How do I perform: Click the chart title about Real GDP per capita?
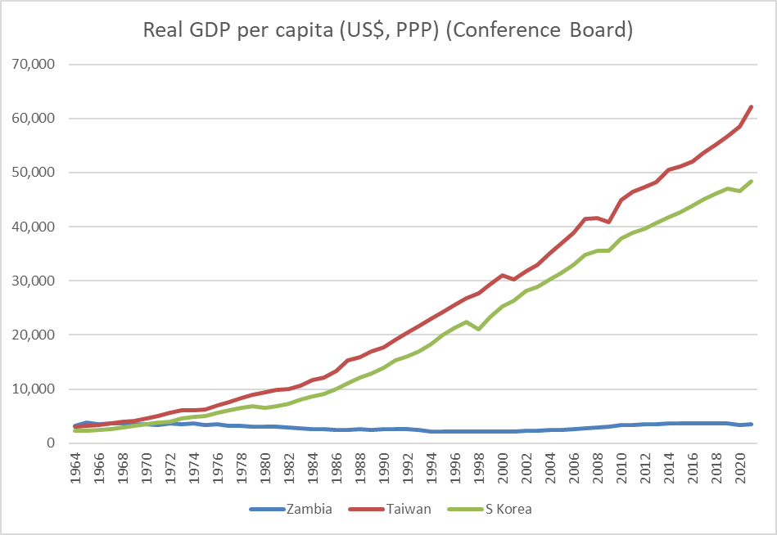(x=388, y=31)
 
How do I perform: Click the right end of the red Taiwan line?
(x=752, y=106)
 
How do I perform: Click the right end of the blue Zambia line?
(x=752, y=424)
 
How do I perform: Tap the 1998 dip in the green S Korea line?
(x=479, y=329)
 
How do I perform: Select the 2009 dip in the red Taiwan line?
(x=607, y=222)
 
